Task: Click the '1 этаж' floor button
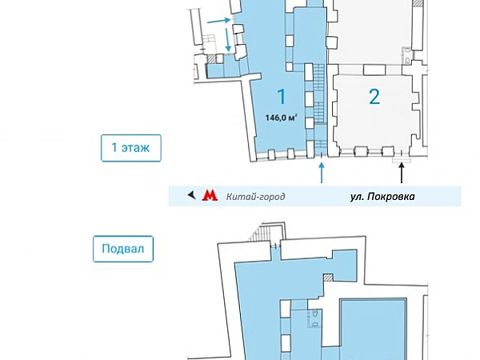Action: click(131, 148)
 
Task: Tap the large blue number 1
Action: click(281, 97)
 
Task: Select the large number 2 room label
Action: click(374, 97)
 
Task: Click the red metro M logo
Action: click(210, 195)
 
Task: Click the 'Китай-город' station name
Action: click(256, 196)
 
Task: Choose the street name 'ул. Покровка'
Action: click(382, 196)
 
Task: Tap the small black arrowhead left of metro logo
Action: click(190, 195)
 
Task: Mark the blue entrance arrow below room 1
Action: click(322, 173)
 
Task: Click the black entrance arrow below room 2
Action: click(402, 173)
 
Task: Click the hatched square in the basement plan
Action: click(328, 278)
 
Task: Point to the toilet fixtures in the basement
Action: click(314, 315)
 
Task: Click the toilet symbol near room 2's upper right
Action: click(408, 56)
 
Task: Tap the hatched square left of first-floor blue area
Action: click(212, 59)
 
